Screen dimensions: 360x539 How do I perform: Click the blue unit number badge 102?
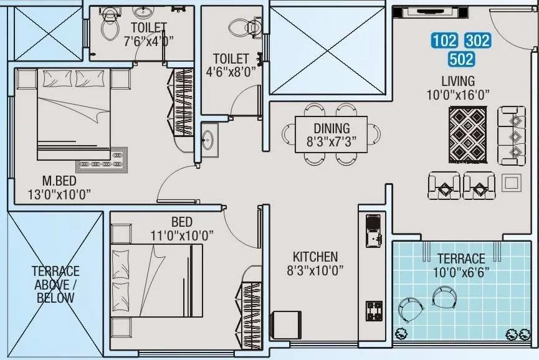pyautogui.click(x=444, y=42)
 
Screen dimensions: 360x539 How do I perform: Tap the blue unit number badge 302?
pyautogui.click(x=477, y=42)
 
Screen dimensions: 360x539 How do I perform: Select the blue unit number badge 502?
pyautogui.click(x=461, y=60)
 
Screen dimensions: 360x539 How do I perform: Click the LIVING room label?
pyautogui.click(x=458, y=81)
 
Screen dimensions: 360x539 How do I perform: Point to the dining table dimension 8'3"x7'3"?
pyautogui.click(x=332, y=141)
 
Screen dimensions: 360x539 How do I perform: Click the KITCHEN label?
pyautogui.click(x=315, y=257)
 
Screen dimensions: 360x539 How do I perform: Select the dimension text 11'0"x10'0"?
pyautogui.click(x=182, y=235)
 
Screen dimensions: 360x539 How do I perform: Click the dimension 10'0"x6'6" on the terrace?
pyautogui.click(x=461, y=272)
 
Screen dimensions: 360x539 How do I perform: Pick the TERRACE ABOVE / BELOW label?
pyautogui.click(x=56, y=284)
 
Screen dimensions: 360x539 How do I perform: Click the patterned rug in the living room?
pyautogui.click(x=468, y=135)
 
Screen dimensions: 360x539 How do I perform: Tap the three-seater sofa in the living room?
pyautogui.click(x=512, y=136)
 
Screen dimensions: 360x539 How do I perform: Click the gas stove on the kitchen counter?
pyautogui.click(x=374, y=311)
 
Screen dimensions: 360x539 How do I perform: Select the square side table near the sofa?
pyautogui.click(x=511, y=182)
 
